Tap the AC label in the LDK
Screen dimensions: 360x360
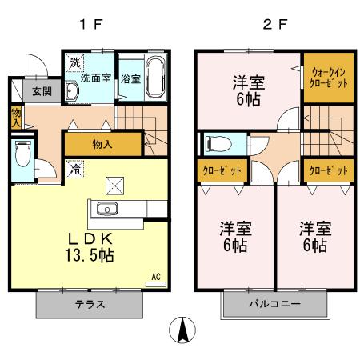coord(155,276)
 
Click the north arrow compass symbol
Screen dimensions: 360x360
coord(183,330)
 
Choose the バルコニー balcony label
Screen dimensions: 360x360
coord(274,305)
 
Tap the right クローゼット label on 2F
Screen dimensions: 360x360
coord(328,171)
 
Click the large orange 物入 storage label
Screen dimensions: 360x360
coord(102,144)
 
